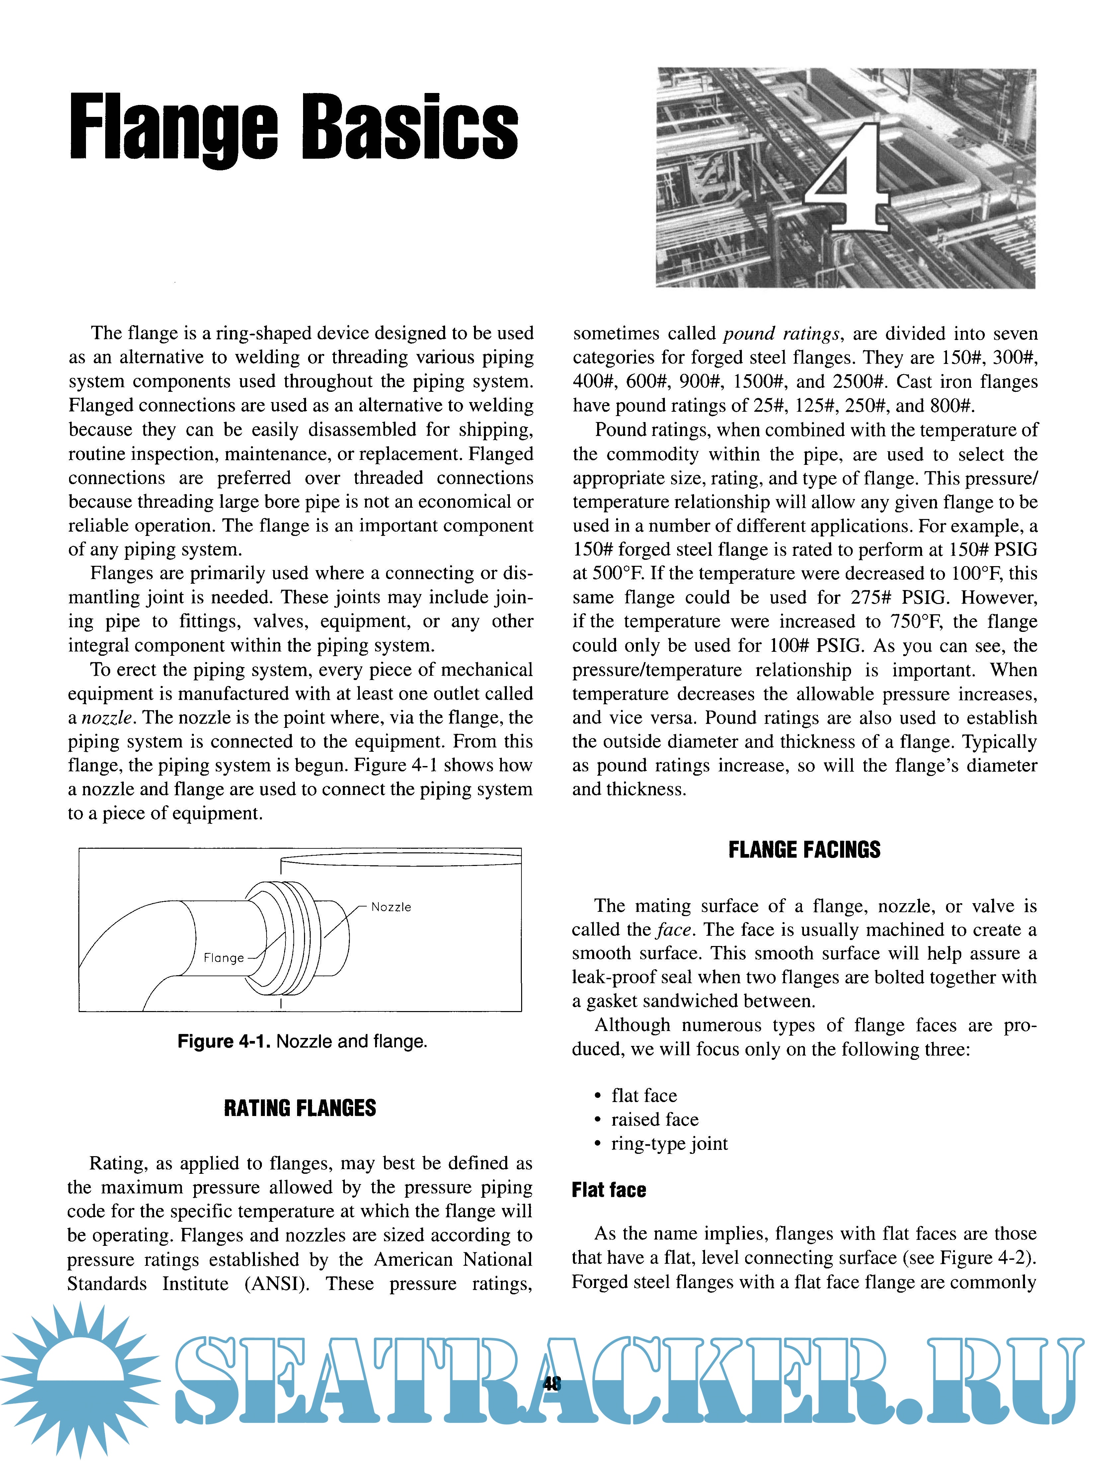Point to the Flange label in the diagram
pyautogui.click(x=223, y=958)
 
